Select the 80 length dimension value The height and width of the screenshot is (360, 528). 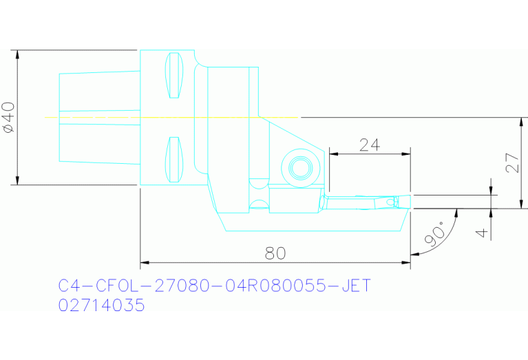[x=275, y=253]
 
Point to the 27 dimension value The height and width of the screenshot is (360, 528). [x=511, y=163]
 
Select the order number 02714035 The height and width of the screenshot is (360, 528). [x=101, y=306]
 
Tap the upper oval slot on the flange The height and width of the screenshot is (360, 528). [x=175, y=75]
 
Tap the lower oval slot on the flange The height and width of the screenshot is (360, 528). [x=175, y=160]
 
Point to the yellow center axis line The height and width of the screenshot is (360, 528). [x=172, y=117]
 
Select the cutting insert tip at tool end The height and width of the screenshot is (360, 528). [x=402, y=202]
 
